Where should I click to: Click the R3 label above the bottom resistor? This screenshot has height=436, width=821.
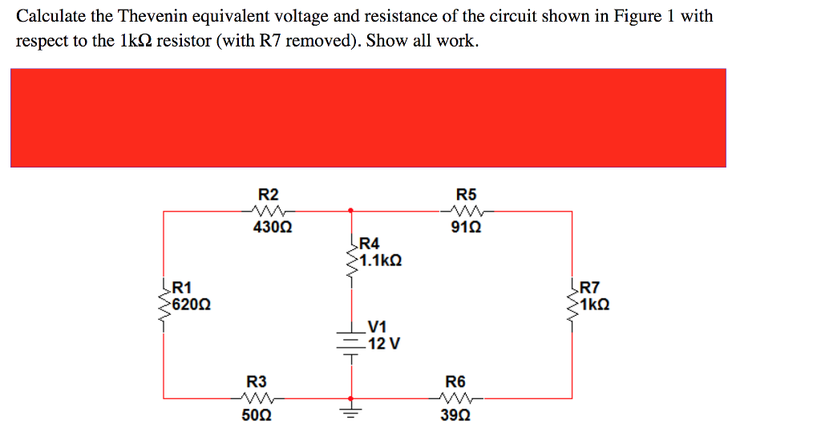(256, 381)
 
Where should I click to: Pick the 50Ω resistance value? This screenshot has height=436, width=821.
(256, 415)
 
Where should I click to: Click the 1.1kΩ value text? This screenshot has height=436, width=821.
(380, 260)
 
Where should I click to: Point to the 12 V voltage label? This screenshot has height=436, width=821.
(384, 344)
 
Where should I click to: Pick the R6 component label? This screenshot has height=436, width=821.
(455, 381)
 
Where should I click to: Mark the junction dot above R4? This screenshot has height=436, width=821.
(350, 212)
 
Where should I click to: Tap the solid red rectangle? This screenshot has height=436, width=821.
(368, 118)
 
